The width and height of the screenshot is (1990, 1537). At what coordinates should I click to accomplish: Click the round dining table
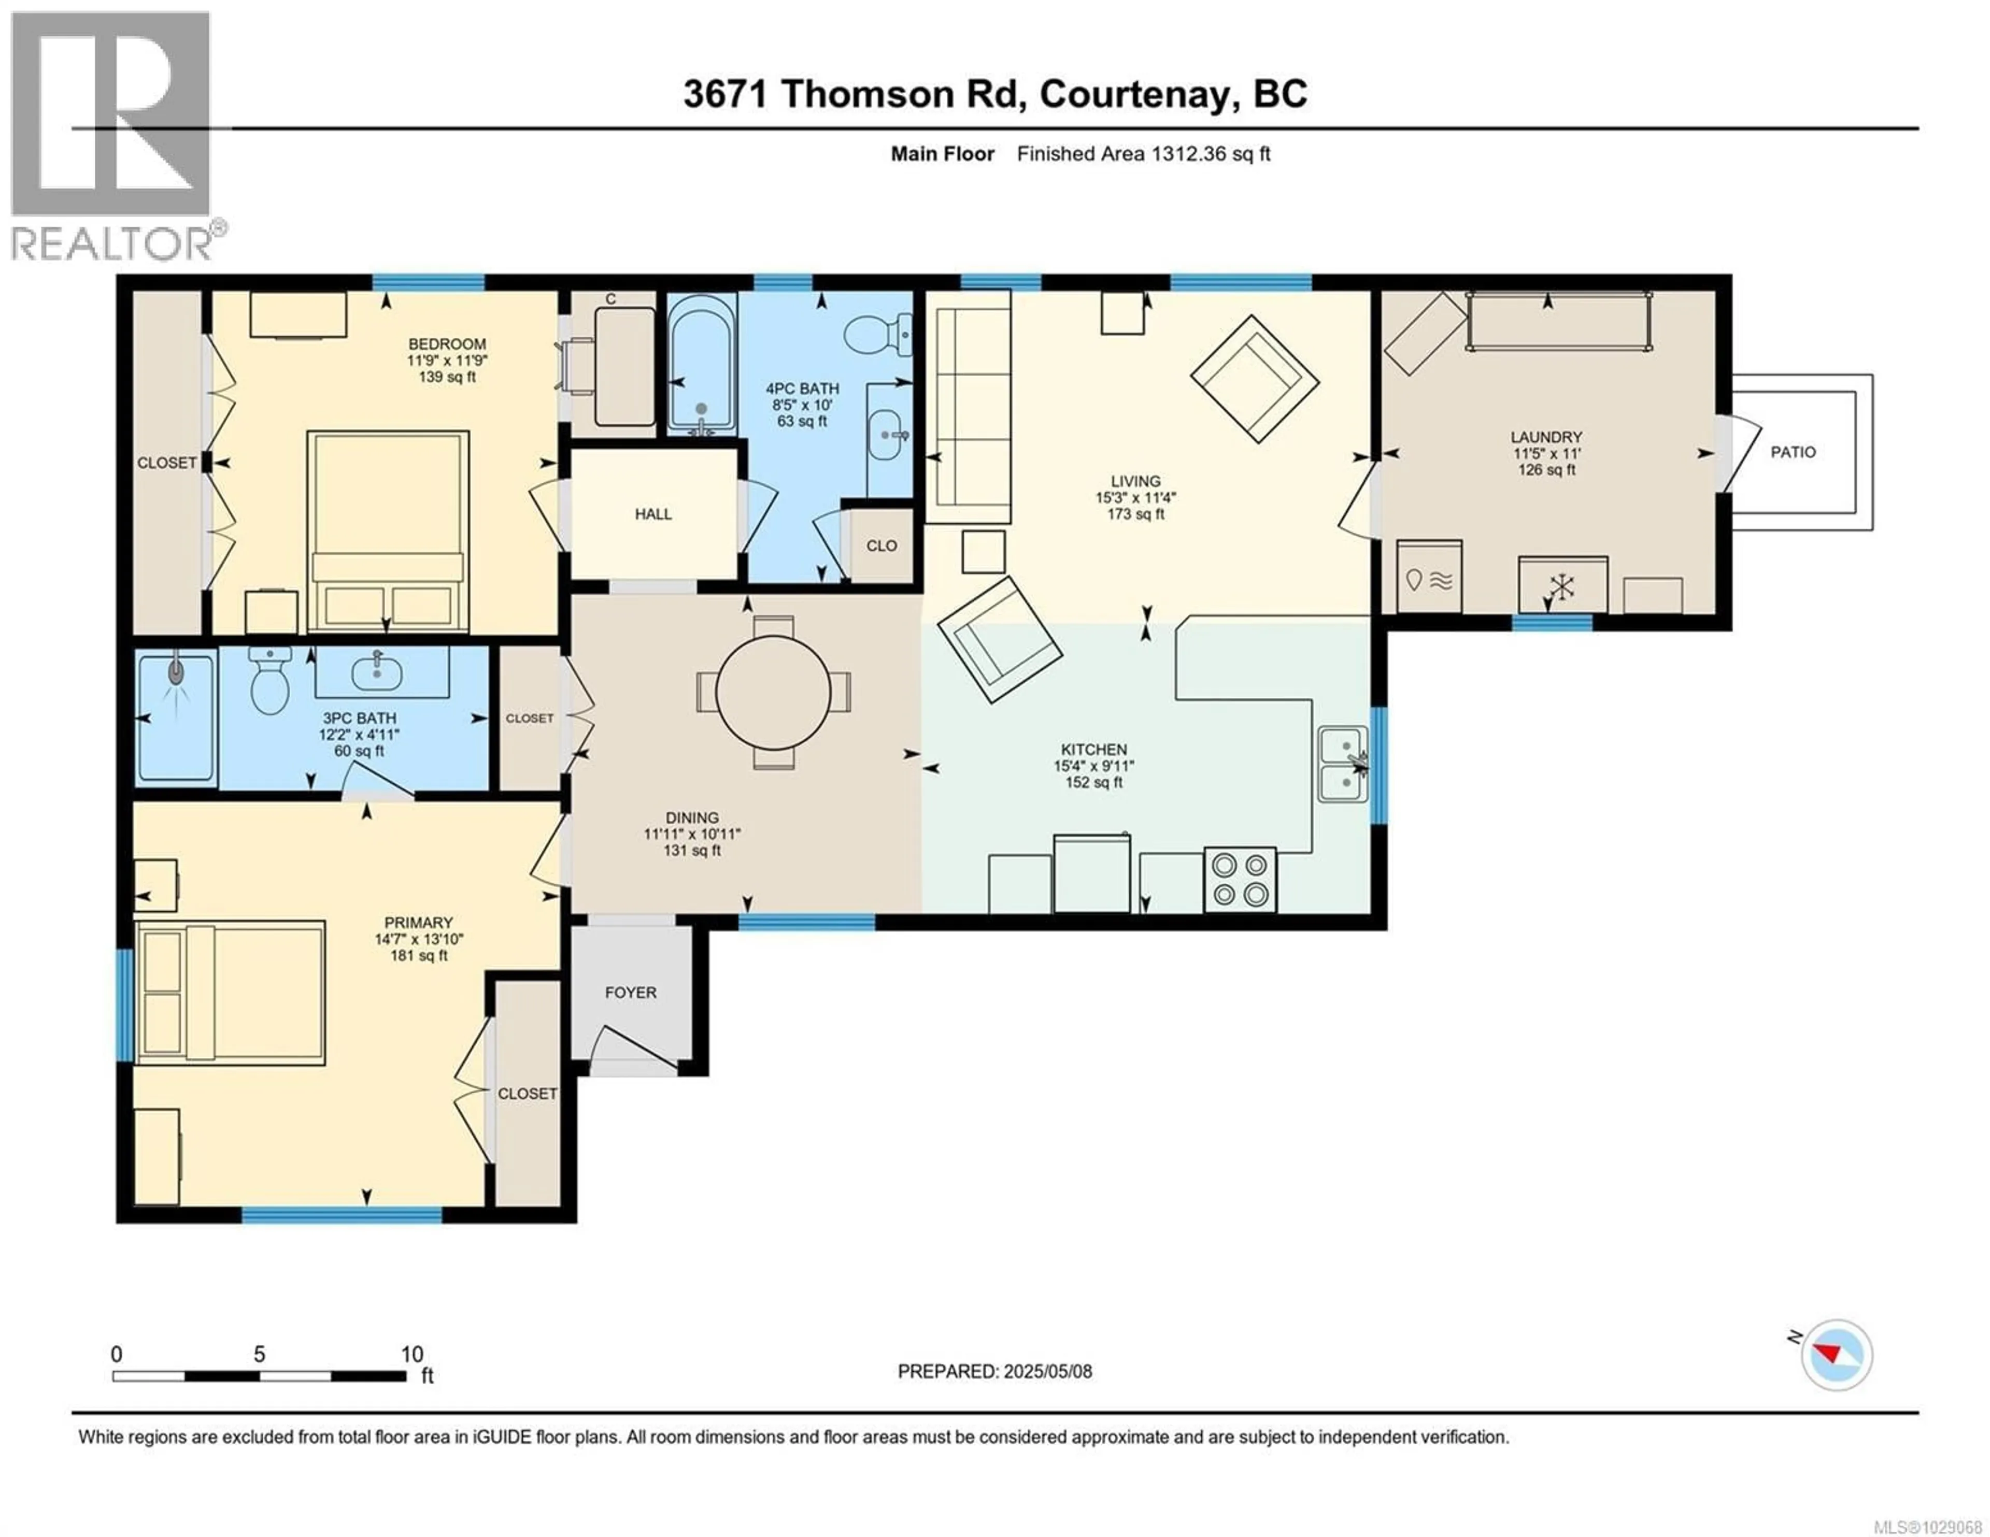pyautogui.click(x=773, y=693)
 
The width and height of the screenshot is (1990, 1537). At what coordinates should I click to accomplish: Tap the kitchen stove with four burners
pyautogui.click(x=1239, y=879)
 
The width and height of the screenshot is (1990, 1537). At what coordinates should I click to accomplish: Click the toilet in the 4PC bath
pyautogui.click(x=875, y=334)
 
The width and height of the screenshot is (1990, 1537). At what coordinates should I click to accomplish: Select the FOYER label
pyautogui.click(x=631, y=992)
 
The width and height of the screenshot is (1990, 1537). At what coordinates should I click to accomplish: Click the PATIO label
pyautogui.click(x=1792, y=452)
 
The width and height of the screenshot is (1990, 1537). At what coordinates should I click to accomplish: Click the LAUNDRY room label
pyautogui.click(x=1546, y=437)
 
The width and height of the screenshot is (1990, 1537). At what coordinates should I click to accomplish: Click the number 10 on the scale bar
pyautogui.click(x=412, y=1354)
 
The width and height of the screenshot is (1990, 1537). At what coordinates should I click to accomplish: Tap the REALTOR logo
pyautogui.click(x=114, y=137)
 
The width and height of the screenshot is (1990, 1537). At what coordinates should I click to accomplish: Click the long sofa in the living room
pyautogui.click(x=968, y=406)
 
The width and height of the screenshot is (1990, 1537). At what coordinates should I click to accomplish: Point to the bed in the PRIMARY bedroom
pyautogui.click(x=231, y=992)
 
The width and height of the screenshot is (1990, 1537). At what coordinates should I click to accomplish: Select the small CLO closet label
pyautogui.click(x=881, y=545)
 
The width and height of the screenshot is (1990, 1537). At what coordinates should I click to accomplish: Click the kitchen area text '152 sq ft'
pyautogui.click(x=1093, y=783)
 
